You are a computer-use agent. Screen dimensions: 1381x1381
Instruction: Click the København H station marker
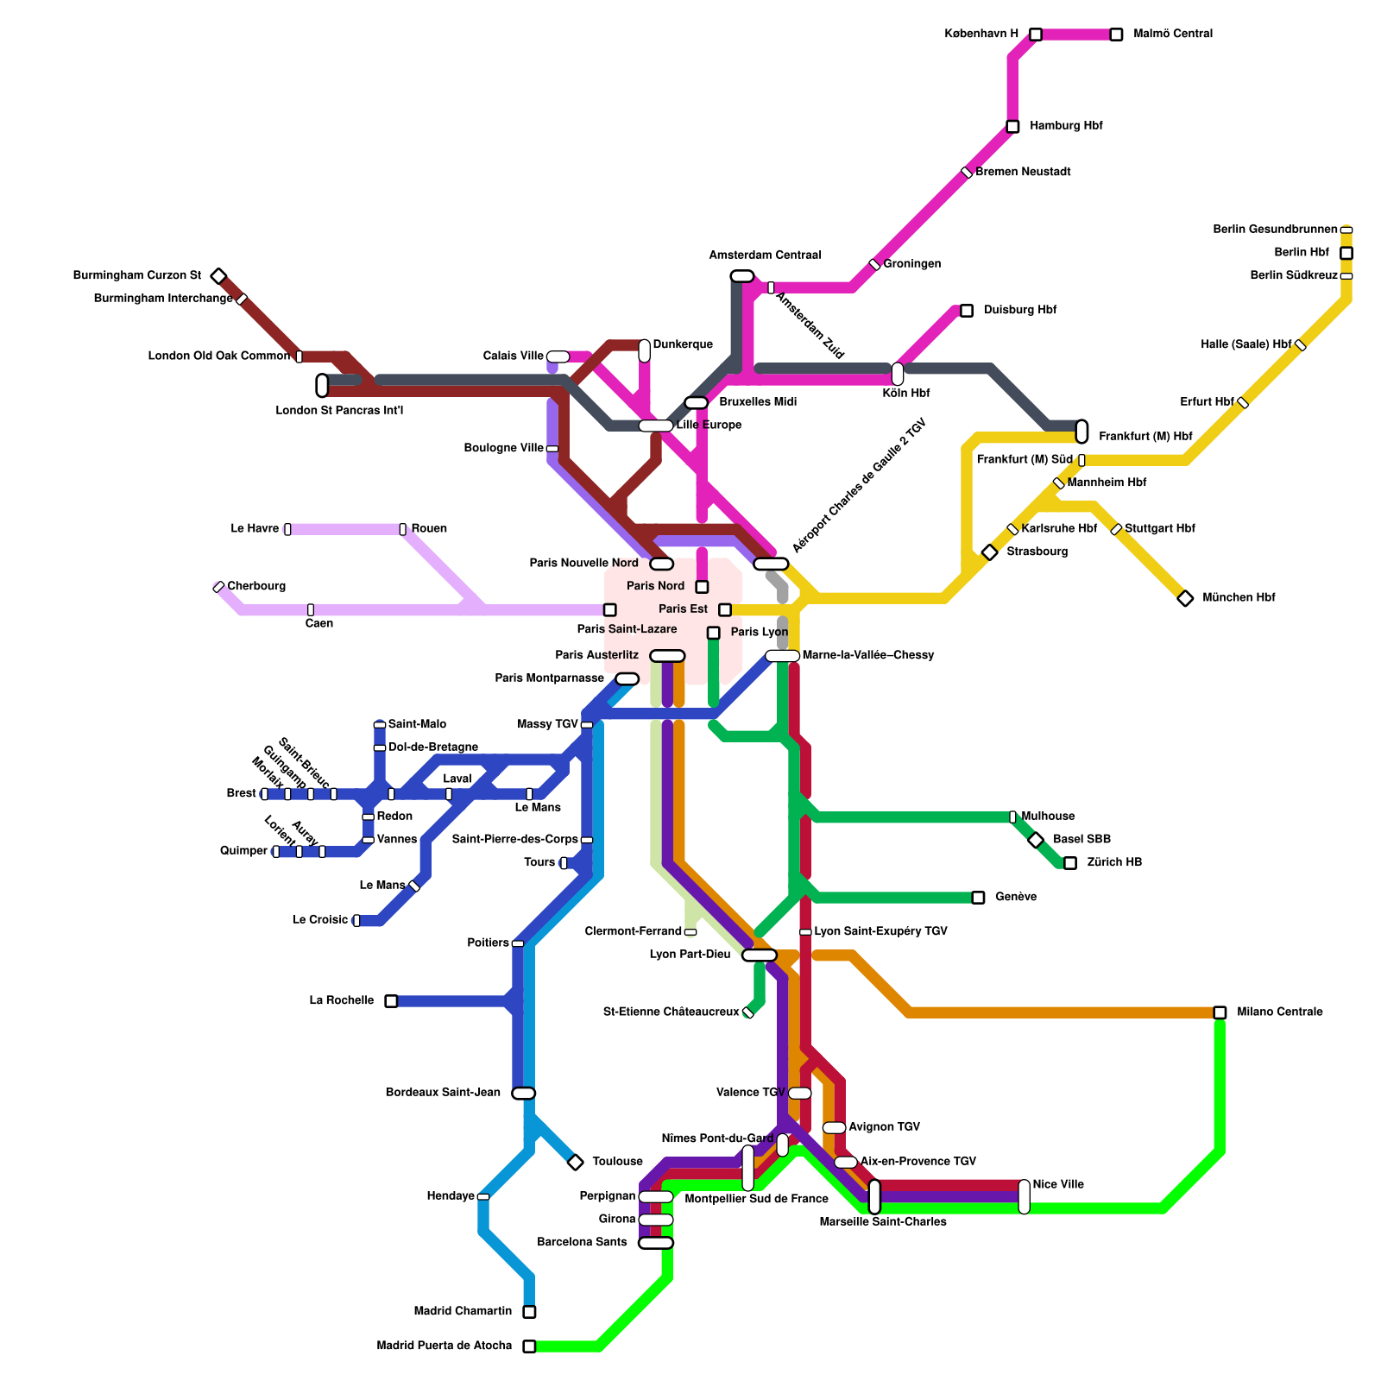point(1035,35)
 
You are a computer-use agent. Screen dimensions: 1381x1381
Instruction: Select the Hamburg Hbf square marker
point(1012,127)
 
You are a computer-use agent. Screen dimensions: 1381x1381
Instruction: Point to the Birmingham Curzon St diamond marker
point(219,276)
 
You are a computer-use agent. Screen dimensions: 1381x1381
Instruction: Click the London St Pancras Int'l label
point(339,411)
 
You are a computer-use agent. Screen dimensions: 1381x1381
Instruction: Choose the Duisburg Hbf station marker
point(967,311)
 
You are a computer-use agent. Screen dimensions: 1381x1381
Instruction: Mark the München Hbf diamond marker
point(1185,598)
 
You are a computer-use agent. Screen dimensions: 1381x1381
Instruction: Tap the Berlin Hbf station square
point(1346,253)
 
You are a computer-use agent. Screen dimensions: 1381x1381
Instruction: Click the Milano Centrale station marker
point(1220,1012)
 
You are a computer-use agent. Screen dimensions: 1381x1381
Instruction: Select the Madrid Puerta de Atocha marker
point(529,1346)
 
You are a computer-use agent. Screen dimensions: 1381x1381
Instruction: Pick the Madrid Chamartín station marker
point(529,1312)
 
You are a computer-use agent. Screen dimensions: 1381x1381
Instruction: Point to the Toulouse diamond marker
point(576,1163)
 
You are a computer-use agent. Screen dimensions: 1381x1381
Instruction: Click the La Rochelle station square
point(391,1001)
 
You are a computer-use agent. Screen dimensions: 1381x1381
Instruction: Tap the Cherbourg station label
point(256,587)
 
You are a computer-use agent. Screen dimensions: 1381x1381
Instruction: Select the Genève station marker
point(978,898)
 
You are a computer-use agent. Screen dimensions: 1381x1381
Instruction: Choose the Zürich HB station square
point(1070,863)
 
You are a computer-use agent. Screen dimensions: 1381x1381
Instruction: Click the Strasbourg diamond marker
point(990,552)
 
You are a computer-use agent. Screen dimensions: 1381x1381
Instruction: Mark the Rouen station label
point(429,529)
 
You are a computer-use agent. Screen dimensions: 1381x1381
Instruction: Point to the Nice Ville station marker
point(1025,1196)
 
